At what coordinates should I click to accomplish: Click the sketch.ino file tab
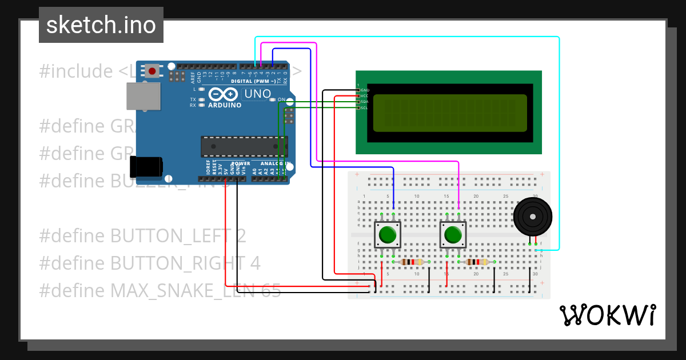pos(101,25)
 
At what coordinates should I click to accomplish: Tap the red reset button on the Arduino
pos(152,71)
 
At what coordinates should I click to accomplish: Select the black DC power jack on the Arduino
pos(146,166)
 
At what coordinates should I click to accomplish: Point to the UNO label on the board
pos(257,94)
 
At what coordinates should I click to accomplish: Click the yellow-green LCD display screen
pos(450,112)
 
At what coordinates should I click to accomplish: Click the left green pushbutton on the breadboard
pos(388,235)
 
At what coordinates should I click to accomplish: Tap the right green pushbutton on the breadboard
pos(453,235)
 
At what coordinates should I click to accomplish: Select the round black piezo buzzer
pos(533,217)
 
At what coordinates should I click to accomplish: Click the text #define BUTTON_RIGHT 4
pos(150,263)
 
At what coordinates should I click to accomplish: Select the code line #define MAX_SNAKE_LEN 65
pos(160,291)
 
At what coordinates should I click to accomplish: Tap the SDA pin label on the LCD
pos(364,102)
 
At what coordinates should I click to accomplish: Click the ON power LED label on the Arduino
pos(281,100)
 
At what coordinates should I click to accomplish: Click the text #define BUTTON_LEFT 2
pos(143,235)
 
